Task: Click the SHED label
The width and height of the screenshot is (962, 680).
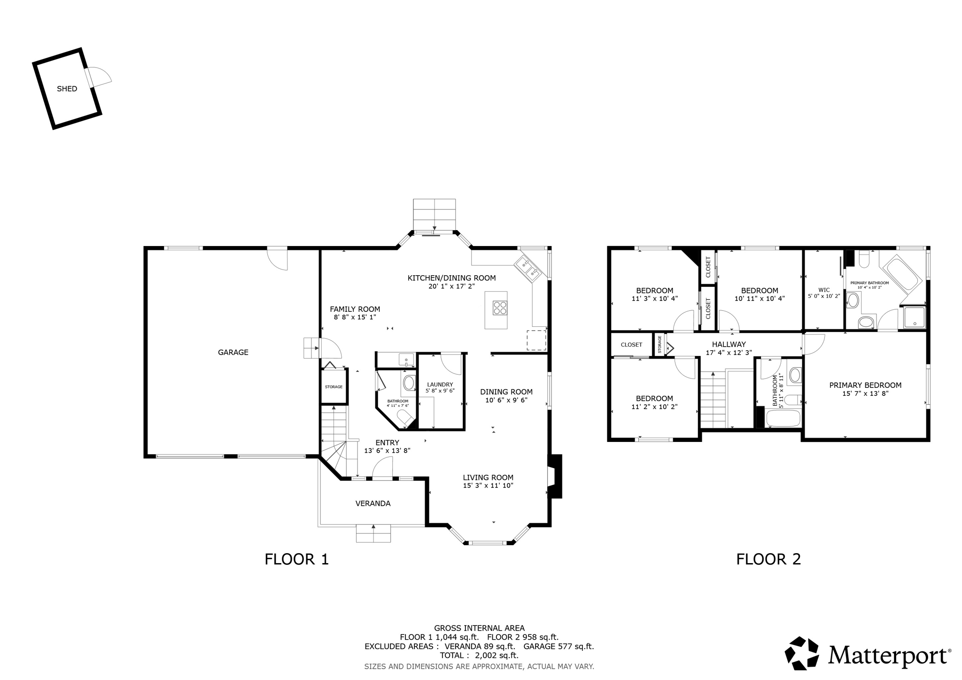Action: pyautogui.click(x=67, y=89)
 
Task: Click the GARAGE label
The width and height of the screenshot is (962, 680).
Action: pyautogui.click(x=233, y=352)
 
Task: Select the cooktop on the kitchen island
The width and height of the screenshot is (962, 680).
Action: pyautogui.click(x=500, y=308)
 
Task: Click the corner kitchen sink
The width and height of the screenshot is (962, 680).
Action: pyautogui.click(x=529, y=268)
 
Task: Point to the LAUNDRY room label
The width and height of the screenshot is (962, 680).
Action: pyautogui.click(x=440, y=384)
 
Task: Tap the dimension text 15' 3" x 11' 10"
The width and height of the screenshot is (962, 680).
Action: pyautogui.click(x=488, y=486)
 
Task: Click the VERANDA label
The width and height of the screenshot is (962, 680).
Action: pyautogui.click(x=372, y=503)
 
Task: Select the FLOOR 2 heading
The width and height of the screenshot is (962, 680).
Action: pyautogui.click(x=768, y=559)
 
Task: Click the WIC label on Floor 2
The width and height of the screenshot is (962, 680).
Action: pyautogui.click(x=823, y=290)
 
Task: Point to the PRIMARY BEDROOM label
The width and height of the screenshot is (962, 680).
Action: pyautogui.click(x=865, y=385)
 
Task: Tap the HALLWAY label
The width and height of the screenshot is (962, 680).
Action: pyautogui.click(x=729, y=344)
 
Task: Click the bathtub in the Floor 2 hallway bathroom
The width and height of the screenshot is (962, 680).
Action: pyautogui.click(x=783, y=418)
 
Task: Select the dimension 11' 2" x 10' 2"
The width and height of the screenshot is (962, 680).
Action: pyautogui.click(x=654, y=407)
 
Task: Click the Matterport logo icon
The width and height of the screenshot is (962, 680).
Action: pyautogui.click(x=801, y=653)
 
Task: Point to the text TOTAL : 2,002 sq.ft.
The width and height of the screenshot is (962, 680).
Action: pyautogui.click(x=479, y=655)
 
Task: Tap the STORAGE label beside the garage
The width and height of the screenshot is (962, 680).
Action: pyautogui.click(x=334, y=386)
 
